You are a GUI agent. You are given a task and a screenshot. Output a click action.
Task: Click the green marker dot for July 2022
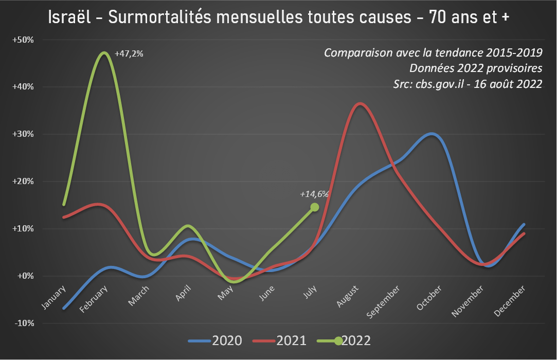pos(315,207)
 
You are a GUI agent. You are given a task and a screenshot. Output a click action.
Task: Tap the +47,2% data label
pos(129,53)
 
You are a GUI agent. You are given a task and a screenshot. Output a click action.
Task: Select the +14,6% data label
pos(314,194)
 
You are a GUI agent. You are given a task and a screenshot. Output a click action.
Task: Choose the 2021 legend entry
pos(291,340)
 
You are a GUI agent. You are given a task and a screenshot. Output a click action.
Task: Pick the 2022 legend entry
pos(355,340)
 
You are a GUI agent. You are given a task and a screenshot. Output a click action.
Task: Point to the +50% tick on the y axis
pos(23,40)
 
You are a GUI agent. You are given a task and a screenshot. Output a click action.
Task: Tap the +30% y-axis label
pos(23,134)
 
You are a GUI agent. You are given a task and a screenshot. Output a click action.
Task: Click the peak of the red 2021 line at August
pos(360,104)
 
